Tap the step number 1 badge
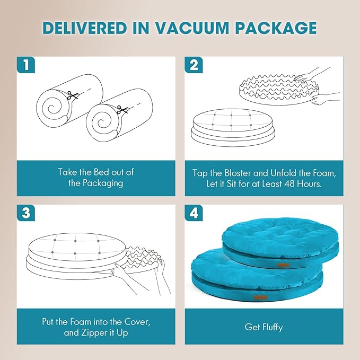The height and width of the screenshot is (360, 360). pyautogui.click(x=25, y=65)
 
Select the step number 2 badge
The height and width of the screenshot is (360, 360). pyautogui.click(x=194, y=65)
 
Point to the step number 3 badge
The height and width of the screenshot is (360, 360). pyautogui.click(x=25, y=213)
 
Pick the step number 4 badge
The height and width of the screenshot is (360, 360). pyautogui.click(x=194, y=213)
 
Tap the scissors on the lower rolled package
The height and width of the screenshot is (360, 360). pyautogui.click(x=120, y=110)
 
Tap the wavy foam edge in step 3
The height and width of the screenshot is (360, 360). pyautogui.click(x=143, y=255)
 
